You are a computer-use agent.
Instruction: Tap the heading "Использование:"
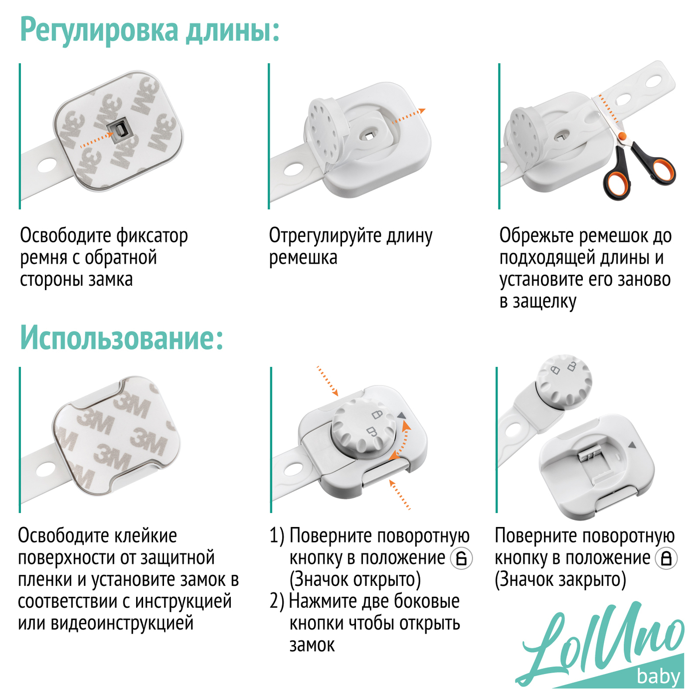click(122, 338)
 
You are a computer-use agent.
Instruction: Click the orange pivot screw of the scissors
click(622, 136)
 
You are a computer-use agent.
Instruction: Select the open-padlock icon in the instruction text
click(461, 558)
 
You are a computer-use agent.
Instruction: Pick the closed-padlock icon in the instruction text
click(667, 558)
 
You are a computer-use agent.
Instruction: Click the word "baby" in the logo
click(658, 677)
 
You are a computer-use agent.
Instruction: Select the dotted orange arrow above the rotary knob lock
click(328, 381)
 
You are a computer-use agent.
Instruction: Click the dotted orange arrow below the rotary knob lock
click(399, 494)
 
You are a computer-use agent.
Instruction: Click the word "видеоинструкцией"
click(122, 624)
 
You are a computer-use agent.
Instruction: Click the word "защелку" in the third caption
click(544, 302)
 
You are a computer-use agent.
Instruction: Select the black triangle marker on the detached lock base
click(632, 445)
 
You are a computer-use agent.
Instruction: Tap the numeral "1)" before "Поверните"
click(277, 536)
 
